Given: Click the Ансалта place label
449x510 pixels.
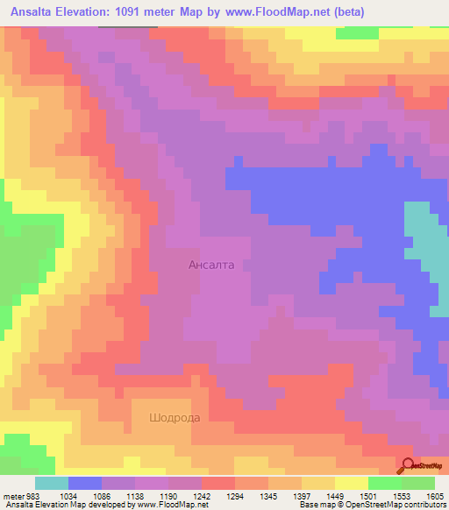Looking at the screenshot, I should coord(211,264).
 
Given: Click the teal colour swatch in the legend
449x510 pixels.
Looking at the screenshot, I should coord(52,483).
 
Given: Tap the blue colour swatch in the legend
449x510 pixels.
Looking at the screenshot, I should coord(85,483).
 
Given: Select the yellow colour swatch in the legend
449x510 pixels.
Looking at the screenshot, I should coord(352,483).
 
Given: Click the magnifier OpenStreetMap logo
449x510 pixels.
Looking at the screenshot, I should coord(408,465).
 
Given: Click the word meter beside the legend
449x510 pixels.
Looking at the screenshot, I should coord(13,496).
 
